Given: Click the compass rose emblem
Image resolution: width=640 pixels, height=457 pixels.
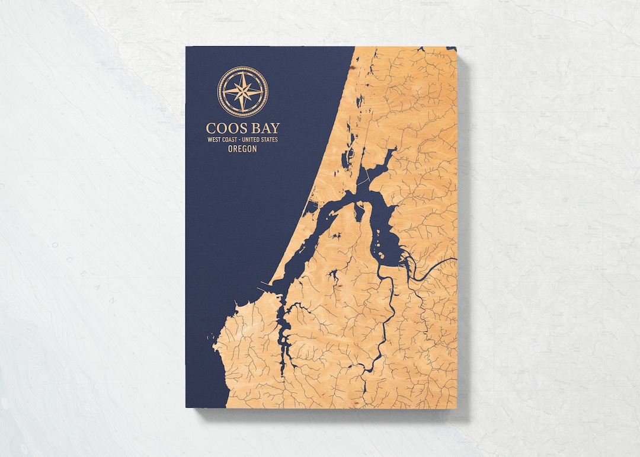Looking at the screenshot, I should (242, 91).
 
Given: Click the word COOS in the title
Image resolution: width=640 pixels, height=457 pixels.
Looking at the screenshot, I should (223, 128).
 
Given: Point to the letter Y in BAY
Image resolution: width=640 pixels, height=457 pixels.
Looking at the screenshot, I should (274, 128).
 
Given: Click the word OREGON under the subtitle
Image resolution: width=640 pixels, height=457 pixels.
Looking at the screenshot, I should (242, 149).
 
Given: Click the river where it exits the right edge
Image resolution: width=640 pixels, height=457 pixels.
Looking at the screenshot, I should (455, 259).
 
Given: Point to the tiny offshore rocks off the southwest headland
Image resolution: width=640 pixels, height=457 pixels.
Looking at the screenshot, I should (211, 338).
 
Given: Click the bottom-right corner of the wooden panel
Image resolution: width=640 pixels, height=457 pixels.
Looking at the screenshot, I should (457, 408).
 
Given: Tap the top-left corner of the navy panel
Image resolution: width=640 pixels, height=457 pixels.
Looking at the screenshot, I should (186, 47).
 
